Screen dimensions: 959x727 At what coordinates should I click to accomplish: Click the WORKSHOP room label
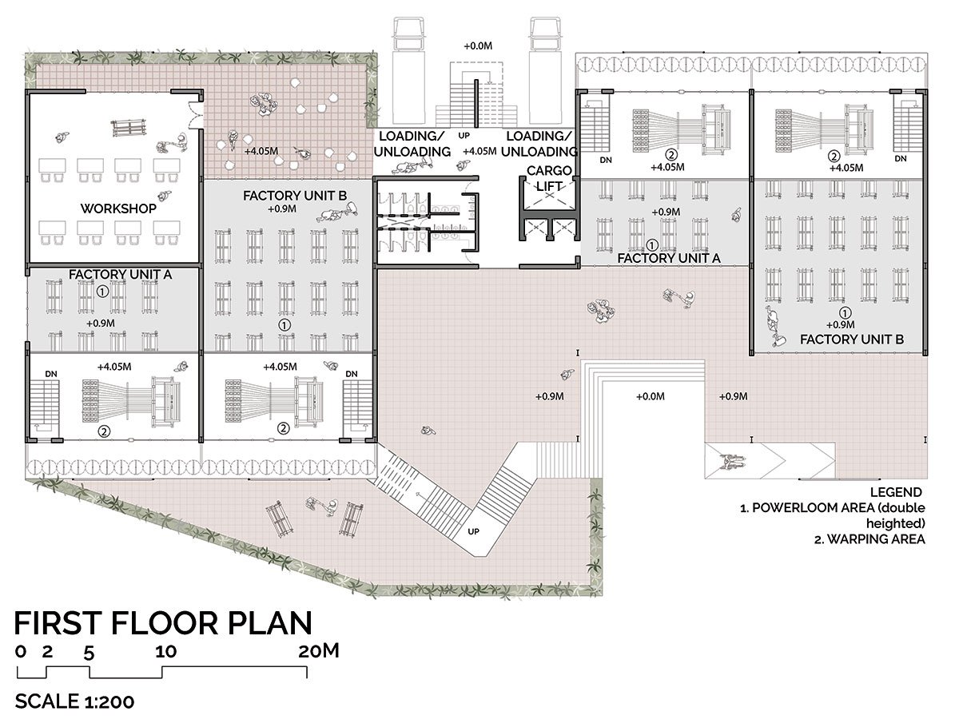coord(118,209)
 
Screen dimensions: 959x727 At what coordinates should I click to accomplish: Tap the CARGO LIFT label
coord(549,178)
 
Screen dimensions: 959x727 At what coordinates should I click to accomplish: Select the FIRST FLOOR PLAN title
coord(163,623)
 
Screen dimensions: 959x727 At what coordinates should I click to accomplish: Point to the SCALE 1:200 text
coord(74,701)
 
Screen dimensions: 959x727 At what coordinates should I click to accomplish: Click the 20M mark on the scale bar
coord(319,650)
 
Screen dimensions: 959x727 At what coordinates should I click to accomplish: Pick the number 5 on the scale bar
coord(89,654)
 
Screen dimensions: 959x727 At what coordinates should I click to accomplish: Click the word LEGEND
coord(896,492)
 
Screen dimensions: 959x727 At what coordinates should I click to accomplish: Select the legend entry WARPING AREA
coord(869,538)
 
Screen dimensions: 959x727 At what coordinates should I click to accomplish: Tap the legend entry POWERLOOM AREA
coord(833,508)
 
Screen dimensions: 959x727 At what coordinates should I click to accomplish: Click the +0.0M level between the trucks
coord(478,46)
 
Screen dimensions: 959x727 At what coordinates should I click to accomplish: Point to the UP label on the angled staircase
coord(474,531)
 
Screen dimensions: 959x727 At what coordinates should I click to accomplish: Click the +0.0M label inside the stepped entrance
coord(650,396)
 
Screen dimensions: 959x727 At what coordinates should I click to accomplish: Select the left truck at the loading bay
coord(409,71)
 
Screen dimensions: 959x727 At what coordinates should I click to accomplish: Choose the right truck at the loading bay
coord(545,71)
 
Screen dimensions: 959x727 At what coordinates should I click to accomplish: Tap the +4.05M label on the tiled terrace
coord(261,151)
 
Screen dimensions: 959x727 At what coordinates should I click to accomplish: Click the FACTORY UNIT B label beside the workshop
coord(295,195)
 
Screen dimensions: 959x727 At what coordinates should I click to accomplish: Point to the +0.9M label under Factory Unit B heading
coord(282,209)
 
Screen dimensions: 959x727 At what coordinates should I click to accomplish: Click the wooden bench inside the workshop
coord(129,128)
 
